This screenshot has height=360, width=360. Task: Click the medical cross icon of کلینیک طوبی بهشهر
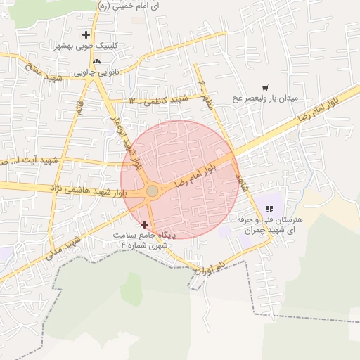[86, 34]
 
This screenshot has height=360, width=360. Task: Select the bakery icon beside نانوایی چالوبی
[96, 61]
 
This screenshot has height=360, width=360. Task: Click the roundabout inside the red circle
[152, 191]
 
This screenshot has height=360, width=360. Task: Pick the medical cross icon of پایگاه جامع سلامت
[145, 224]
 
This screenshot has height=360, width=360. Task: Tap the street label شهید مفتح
[44, 73]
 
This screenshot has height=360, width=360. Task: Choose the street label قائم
[79, 108]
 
